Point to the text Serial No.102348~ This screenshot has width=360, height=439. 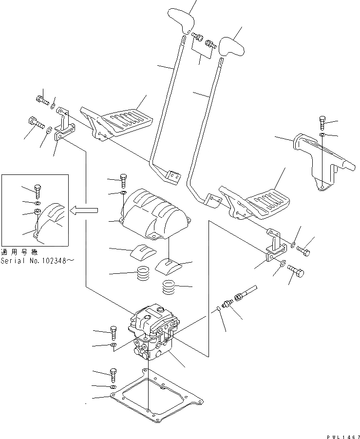pyautogui.click(x=38, y=261)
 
